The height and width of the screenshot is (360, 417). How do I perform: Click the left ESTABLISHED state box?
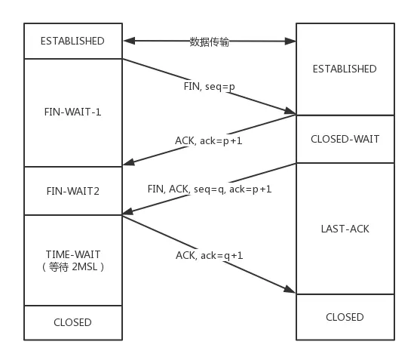click(72, 41)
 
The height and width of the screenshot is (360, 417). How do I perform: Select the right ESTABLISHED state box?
click(344, 69)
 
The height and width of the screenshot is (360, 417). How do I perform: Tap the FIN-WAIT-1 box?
click(72, 112)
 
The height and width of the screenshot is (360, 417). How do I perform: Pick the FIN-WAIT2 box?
click(72, 191)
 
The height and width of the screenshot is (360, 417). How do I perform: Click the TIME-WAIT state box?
click(72, 260)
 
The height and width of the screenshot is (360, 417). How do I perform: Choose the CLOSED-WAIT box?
click(344, 139)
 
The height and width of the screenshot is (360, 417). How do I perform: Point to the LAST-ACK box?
click(344, 228)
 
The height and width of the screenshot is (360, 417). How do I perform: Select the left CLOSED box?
click(72, 322)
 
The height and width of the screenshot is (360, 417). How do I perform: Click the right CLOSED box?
click(344, 317)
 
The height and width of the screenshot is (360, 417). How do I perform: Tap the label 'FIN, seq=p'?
click(210, 86)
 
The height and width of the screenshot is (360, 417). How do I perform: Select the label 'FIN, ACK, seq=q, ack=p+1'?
click(210, 188)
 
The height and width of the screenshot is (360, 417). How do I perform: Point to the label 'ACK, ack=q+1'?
click(210, 255)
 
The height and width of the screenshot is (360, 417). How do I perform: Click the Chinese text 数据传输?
click(210, 42)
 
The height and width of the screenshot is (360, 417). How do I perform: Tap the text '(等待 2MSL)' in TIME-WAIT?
click(72, 266)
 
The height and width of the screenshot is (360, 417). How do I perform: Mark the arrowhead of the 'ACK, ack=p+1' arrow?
click(126, 162)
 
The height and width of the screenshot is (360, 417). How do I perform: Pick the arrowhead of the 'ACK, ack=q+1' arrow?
click(292, 291)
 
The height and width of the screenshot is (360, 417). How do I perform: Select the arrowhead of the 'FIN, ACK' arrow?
click(126, 212)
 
